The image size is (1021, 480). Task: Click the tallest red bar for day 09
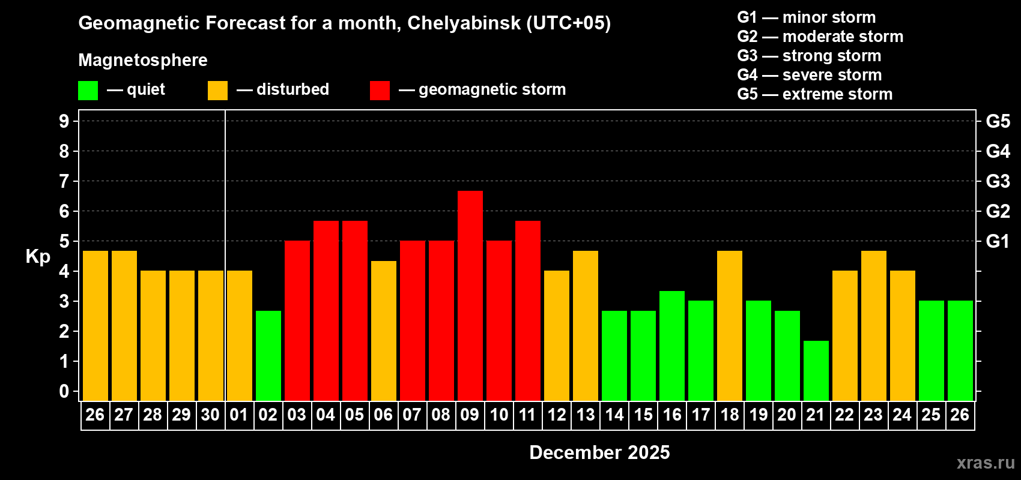coord(470,295)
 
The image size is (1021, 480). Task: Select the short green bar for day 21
coord(816,370)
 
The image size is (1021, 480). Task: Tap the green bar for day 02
coord(268,355)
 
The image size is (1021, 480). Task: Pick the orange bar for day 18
coord(729,325)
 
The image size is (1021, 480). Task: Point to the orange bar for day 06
coord(383,331)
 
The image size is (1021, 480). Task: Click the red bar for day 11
coord(527,310)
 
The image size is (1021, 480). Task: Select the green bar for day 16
coord(671,346)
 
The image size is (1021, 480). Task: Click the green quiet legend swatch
coord(88,91)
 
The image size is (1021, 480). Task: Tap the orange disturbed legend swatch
coord(217,91)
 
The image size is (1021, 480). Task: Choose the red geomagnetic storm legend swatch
coord(380,91)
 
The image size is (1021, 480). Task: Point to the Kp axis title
coord(38,257)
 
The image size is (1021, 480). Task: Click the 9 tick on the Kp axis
coord(64,121)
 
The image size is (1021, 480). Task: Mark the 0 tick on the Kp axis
coord(64,392)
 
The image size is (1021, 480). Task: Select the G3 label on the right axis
coord(998,181)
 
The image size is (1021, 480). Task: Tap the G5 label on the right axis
coord(998,121)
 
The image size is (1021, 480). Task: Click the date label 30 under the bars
coord(210,415)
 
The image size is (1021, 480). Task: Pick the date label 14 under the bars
coord(614,415)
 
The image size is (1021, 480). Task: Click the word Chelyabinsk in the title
coord(464,23)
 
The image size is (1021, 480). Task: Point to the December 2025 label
coord(599,452)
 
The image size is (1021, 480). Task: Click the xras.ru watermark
coord(986,463)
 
